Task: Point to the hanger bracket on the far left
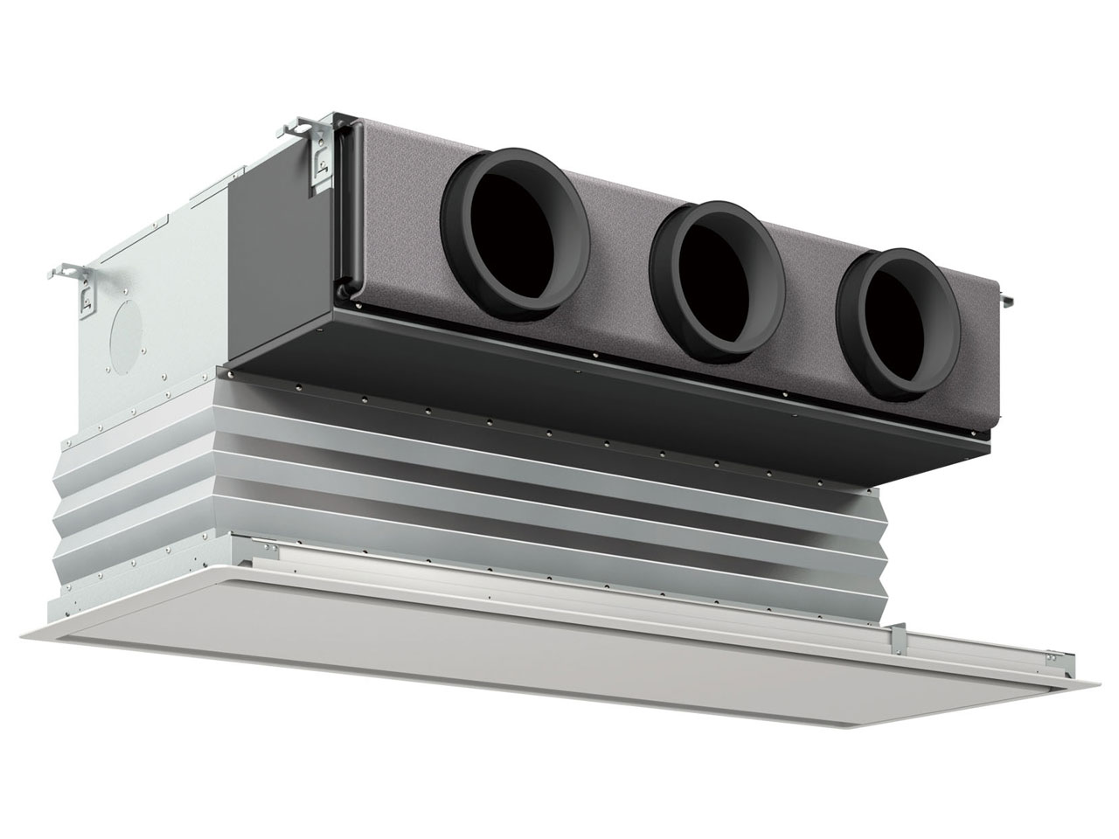click(80, 287)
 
